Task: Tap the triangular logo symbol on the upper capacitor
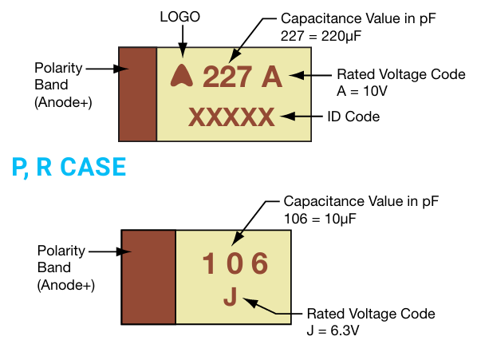(x=181, y=75)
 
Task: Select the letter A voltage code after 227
(x=271, y=77)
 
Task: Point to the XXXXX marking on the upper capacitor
(x=231, y=117)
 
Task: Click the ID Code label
(x=353, y=117)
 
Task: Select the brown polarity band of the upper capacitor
(x=137, y=93)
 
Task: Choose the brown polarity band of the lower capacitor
(x=148, y=276)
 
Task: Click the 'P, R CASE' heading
(x=69, y=167)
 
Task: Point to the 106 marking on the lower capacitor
(x=234, y=264)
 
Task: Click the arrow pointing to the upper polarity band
(x=108, y=69)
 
